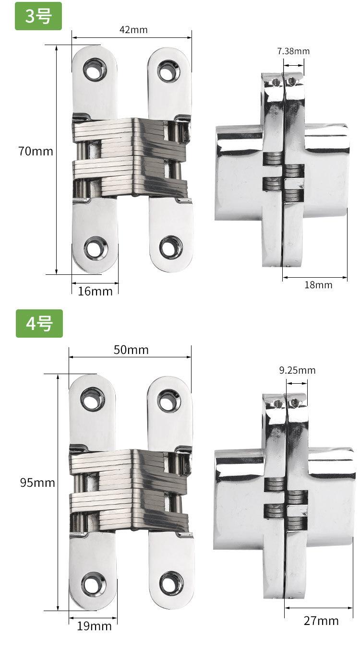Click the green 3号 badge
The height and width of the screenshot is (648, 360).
coord(38,16)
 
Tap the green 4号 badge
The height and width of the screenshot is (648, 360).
coord(39,323)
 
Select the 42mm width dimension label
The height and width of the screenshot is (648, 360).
coord(133,30)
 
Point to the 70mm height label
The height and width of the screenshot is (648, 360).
coord(36,151)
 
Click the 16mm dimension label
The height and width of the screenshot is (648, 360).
coord(95,291)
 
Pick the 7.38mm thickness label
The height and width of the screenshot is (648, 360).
coord(293,51)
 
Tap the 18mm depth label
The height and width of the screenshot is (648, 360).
coord(318,284)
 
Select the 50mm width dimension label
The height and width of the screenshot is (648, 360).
coord(131,350)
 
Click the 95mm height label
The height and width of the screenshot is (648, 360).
coord(37,483)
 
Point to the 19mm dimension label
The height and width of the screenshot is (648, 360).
coord(94,626)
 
